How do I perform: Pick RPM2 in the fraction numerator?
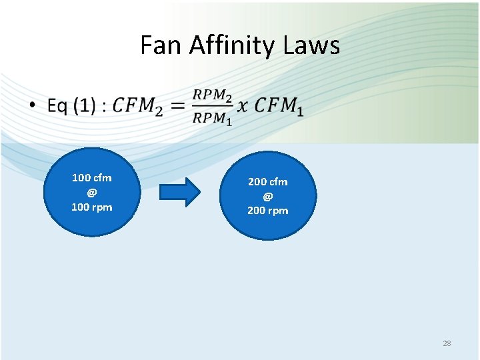pyautogui.click(x=213, y=95)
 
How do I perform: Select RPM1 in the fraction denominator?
pyautogui.click(x=213, y=119)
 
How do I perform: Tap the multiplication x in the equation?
pyautogui.click(x=243, y=106)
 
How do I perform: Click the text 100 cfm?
pyautogui.click(x=92, y=178)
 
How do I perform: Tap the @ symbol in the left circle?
pyautogui.click(x=92, y=192)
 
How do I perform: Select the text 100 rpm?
pyautogui.click(x=92, y=207)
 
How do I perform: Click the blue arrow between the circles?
pyautogui.click(x=180, y=193)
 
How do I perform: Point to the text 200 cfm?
pyautogui.click(x=268, y=181)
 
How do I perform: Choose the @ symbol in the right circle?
pyautogui.click(x=268, y=196)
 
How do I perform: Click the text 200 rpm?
pyautogui.click(x=268, y=211)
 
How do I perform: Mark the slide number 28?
pyautogui.click(x=447, y=343)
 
